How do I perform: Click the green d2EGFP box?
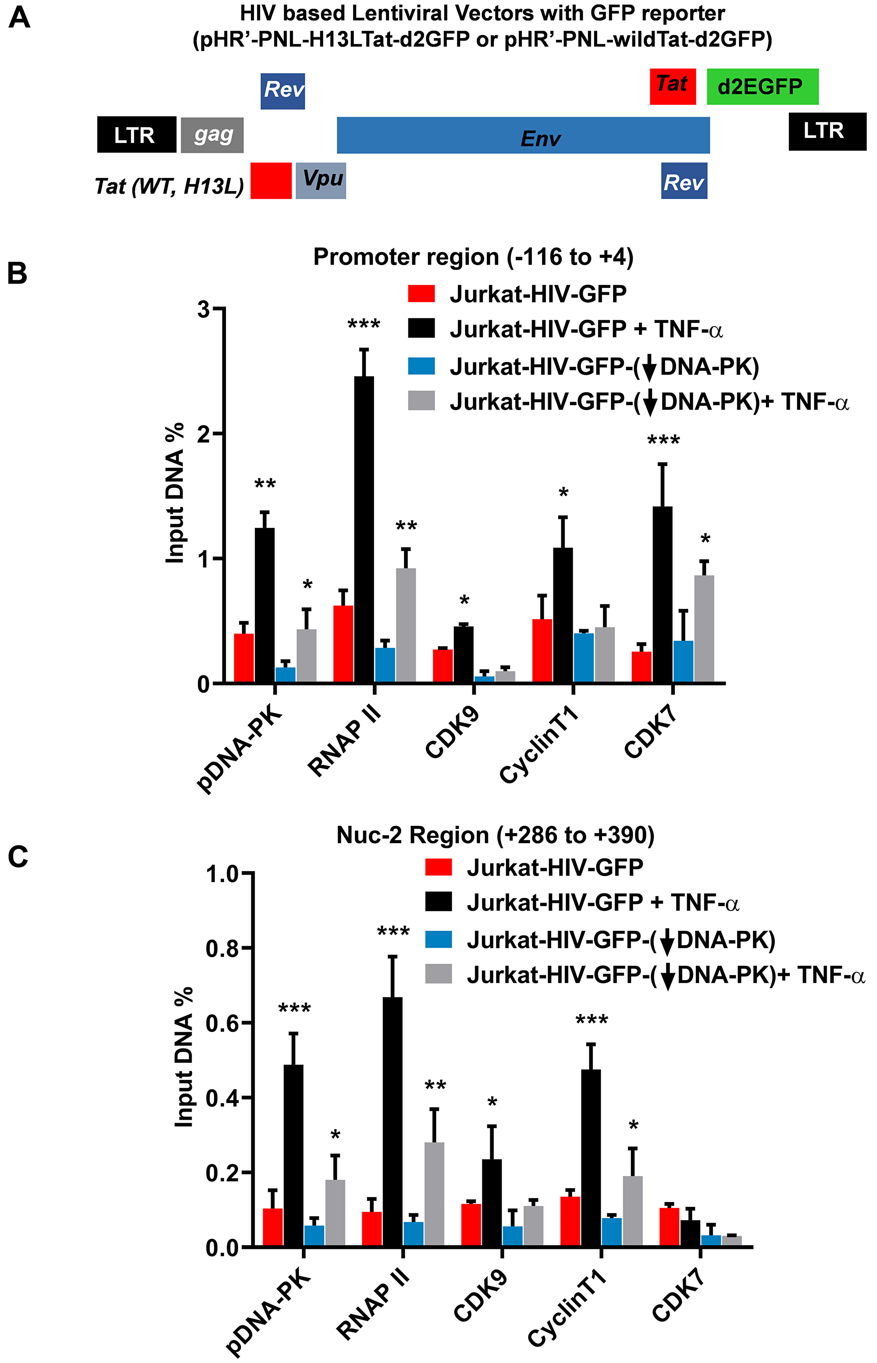click(762, 86)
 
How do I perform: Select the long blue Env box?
click(523, 135)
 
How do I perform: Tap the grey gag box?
click(212, 135)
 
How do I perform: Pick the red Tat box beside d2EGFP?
click(673, 86)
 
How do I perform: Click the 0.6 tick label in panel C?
click(222, 1024)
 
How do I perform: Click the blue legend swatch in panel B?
click(421, 366)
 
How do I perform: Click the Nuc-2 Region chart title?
click(496, 835)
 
